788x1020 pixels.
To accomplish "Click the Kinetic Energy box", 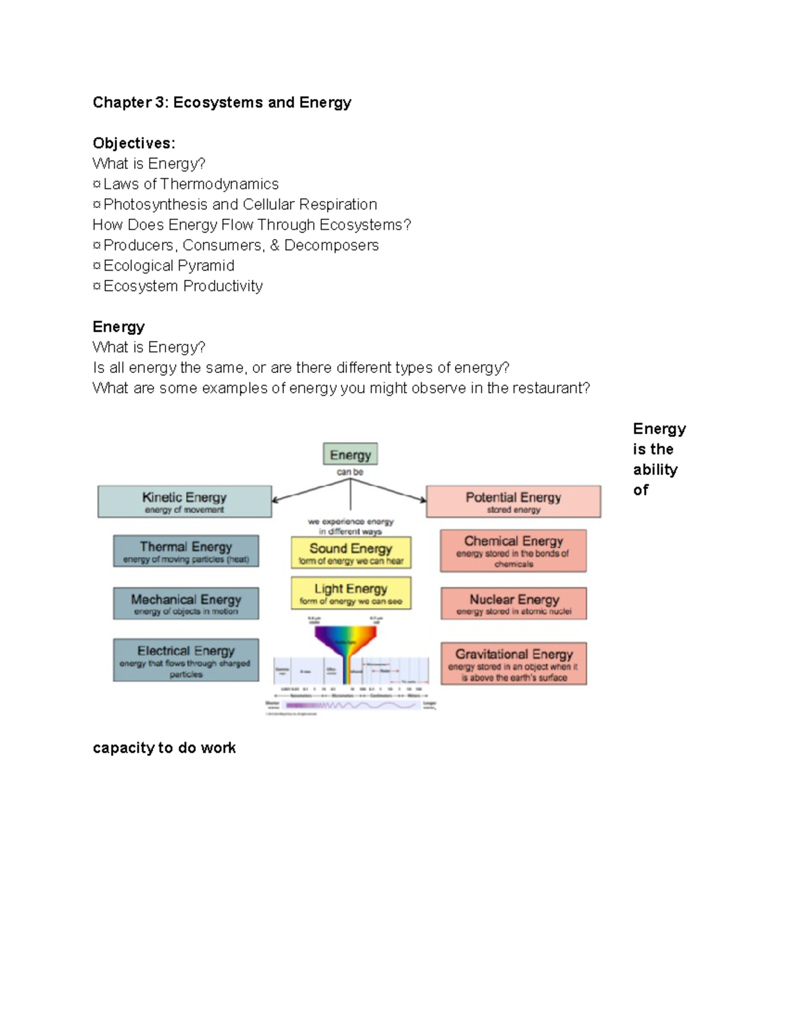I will (x=185, y=502).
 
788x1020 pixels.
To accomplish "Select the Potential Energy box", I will (x=514, y=502).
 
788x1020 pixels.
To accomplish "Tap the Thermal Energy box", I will (x=186, y=551).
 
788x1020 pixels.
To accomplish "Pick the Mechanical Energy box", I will (x=186, y=604).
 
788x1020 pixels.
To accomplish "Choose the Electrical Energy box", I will (x=186, y=659).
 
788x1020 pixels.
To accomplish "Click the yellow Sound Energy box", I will (x=351, y=552).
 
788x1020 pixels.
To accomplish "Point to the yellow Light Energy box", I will (x=351, y=592).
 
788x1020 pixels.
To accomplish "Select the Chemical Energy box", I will (x=514, y=550).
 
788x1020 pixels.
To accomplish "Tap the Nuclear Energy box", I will (x=514, y=604).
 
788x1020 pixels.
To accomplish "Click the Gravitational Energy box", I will (x=514, y=663).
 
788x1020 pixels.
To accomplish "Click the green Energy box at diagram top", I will (x=350, y=455).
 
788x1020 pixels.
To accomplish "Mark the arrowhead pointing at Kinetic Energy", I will (x=276, y=500).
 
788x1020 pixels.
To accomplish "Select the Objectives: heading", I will (x=134, y=143).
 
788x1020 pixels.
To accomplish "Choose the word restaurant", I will (x=550, y=388).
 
